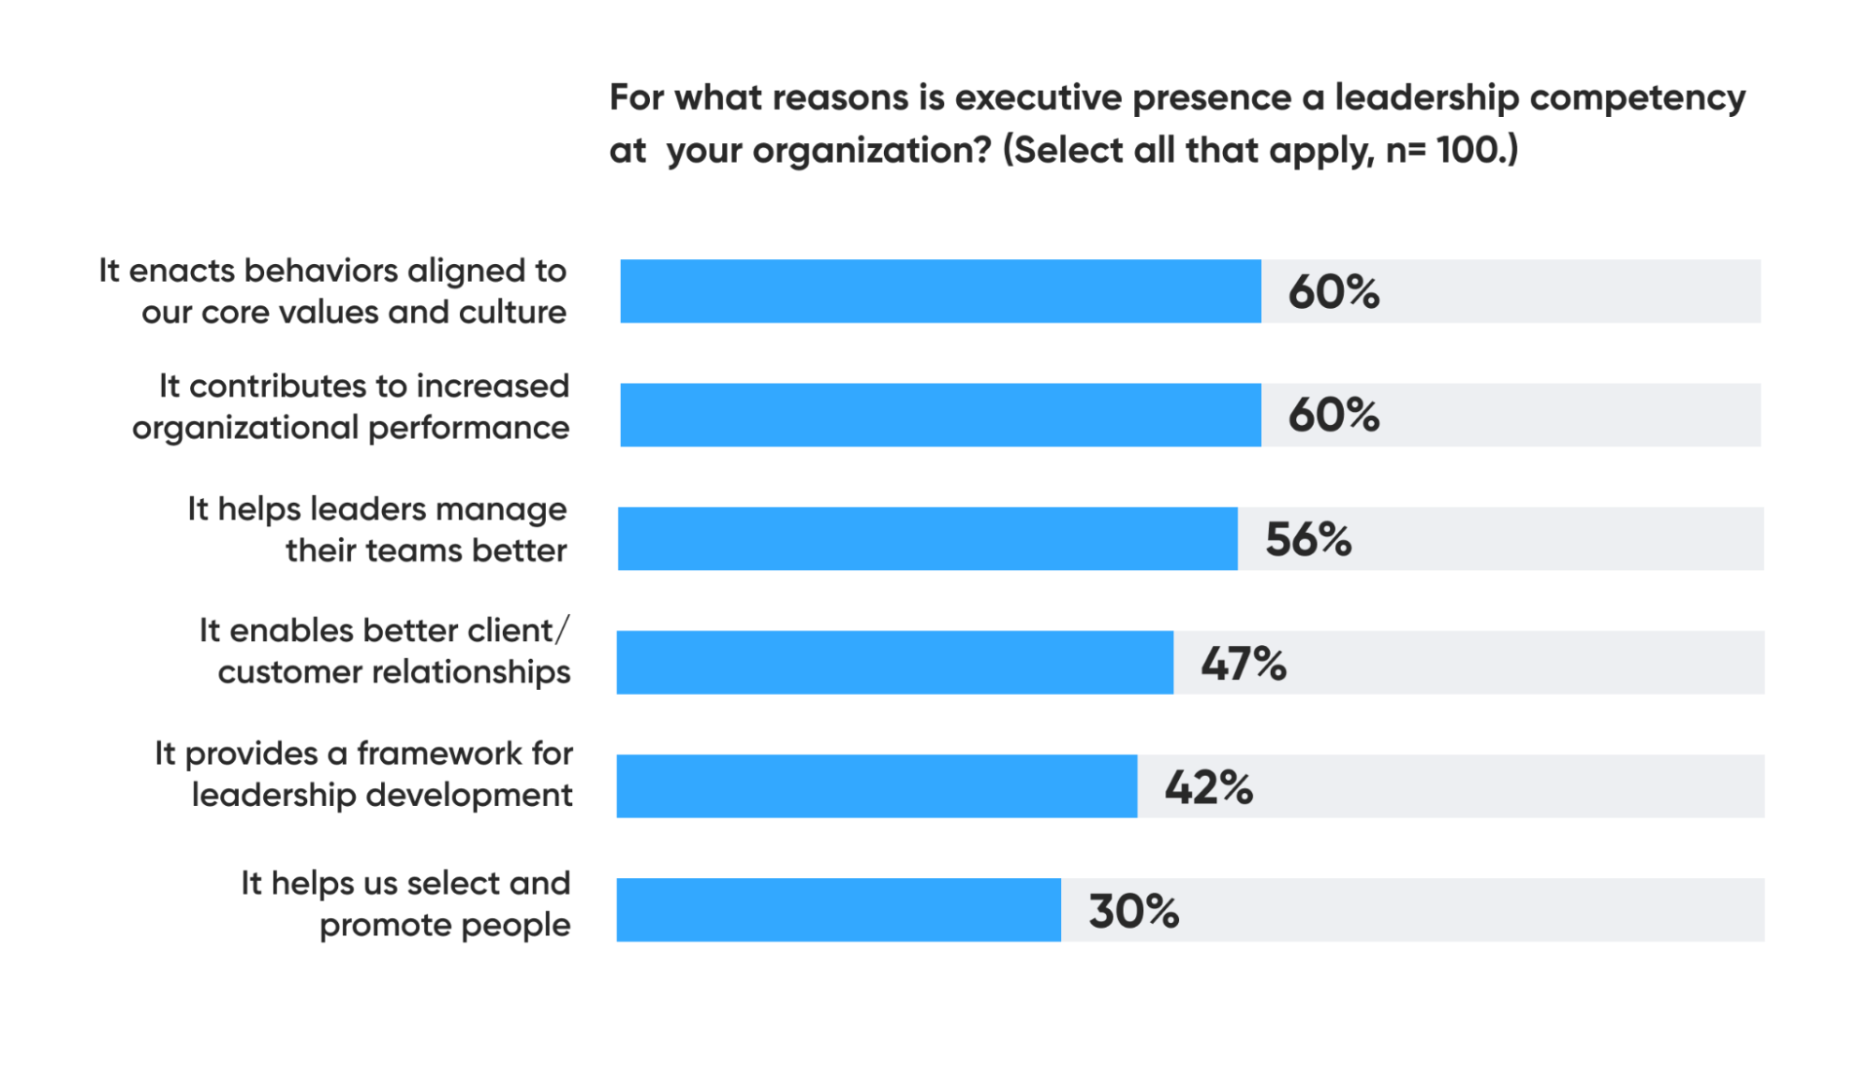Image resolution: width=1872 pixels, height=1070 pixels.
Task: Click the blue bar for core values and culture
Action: tap(940, 291)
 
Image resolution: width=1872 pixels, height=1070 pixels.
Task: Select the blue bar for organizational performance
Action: tap(940, 415)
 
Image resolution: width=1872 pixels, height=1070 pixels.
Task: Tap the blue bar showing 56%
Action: tap(927, 538)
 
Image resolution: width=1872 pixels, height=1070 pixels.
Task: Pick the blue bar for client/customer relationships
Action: tap(894, 662)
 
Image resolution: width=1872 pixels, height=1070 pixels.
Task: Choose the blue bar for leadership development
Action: tap(877, 785)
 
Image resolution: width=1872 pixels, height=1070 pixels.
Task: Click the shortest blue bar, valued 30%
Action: tap(838, 909)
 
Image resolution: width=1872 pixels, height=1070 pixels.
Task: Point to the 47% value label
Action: tap(1243, 663)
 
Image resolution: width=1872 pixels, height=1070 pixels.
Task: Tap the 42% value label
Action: tap(1208, 786)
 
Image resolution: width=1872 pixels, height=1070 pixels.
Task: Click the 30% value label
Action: tap(1133, 910)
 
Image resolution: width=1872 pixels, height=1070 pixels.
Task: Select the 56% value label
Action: tap(1307, 539)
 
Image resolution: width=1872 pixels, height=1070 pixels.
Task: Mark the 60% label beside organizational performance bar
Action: tap(1333, 415)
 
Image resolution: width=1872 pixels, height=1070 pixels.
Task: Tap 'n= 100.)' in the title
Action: tap(1452, 150)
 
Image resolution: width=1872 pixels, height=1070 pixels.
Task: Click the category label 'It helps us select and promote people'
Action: tap(405, 903)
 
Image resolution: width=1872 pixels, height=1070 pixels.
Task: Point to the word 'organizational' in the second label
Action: tap(245, 428)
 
